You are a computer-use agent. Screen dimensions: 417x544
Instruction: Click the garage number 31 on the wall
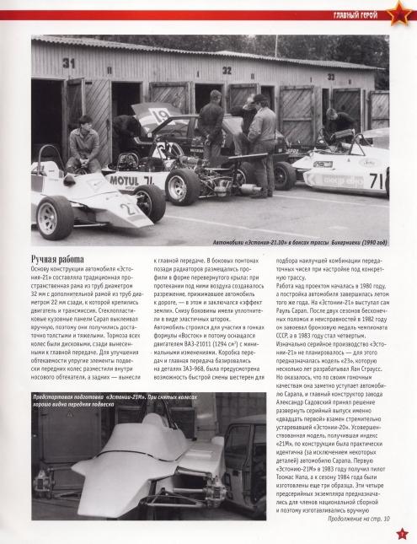68,62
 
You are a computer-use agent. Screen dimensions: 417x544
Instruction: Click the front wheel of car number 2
55,218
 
